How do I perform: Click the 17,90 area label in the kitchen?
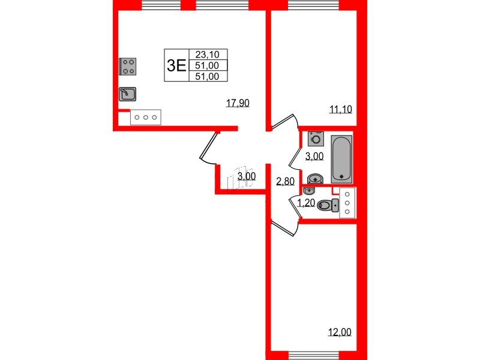[237, 103]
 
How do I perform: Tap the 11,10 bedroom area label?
[340, 109]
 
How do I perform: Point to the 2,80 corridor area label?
[285, 181]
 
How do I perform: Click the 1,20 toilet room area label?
[306, 202]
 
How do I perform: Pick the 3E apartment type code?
[176, 65]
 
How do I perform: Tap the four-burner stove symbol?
[128, 66]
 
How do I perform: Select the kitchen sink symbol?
[127, 94]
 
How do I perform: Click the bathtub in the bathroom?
[342, 158]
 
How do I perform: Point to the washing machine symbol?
[316, 139]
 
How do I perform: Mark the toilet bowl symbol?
[326, 205]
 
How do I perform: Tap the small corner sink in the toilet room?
[308, 190]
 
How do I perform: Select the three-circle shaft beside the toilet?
[347, 203]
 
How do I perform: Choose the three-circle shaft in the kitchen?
[146, 118]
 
